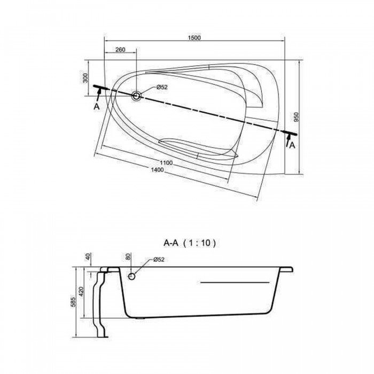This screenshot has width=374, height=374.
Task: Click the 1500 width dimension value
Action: (194, 38)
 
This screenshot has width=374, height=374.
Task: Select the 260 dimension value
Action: (120, 50)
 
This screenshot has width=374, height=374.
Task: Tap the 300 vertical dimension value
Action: (85, 78)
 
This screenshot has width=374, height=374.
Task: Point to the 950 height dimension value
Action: (296, 117)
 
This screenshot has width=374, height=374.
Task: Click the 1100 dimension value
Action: (166, 163)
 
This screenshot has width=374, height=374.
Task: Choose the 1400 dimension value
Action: (157, 170)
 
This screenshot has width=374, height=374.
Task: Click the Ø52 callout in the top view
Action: (162, 87)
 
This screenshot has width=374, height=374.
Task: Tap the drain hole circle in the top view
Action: (137, 96)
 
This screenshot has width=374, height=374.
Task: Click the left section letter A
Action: (96, 107)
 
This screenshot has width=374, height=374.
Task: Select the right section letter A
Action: (292, 145)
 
